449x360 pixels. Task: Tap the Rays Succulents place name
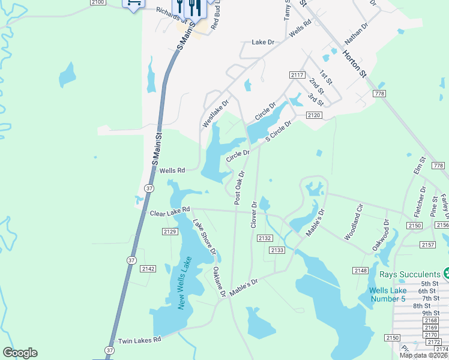409,274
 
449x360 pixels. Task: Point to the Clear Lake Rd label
170,212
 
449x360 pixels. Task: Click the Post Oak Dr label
238,189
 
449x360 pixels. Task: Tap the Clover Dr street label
253,214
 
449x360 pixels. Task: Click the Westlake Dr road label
215,113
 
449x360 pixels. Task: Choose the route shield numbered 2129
170,231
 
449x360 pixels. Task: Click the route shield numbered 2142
148,269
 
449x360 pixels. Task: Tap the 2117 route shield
297,74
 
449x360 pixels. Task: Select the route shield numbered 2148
360,271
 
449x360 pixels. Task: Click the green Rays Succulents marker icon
445,274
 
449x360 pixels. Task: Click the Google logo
20,353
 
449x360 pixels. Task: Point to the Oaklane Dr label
219,283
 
